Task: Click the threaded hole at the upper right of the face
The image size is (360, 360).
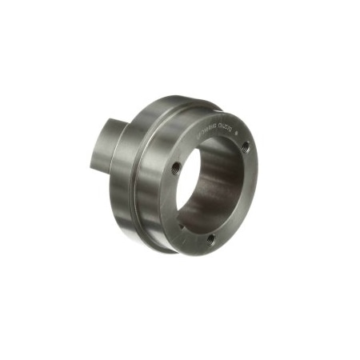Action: click(244, 146)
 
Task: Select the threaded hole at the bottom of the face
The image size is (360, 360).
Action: click(210, 238)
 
